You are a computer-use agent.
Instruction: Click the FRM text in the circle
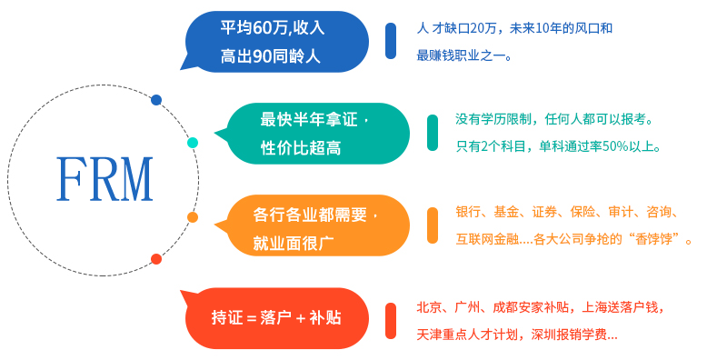(x=104, y=179)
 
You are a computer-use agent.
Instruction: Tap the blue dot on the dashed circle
(x=156, y=100)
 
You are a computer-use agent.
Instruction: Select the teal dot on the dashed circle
(x=193, y=143)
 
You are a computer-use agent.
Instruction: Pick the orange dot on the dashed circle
(x=193, y=217)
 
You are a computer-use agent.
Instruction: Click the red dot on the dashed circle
(x=156, y=259)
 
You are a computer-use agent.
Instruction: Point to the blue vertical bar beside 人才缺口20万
(x=391, y=41)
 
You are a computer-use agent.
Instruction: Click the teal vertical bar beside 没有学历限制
(x=433, y=133)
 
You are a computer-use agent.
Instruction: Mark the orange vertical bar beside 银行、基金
(x=433, y=225)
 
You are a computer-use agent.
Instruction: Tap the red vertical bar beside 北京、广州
(x=391, y=318)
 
